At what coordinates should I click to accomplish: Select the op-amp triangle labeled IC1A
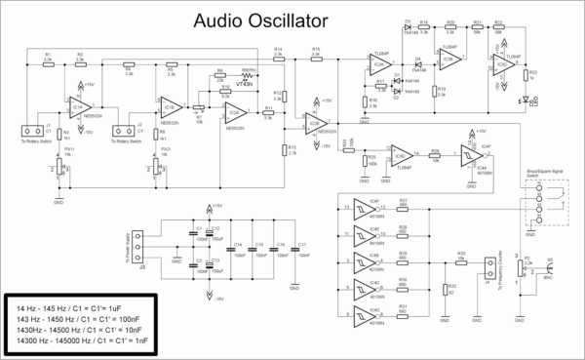76,105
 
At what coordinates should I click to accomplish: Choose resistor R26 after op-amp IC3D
436,155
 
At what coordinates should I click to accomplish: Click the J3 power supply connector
143,238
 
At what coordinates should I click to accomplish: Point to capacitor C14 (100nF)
232,250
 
